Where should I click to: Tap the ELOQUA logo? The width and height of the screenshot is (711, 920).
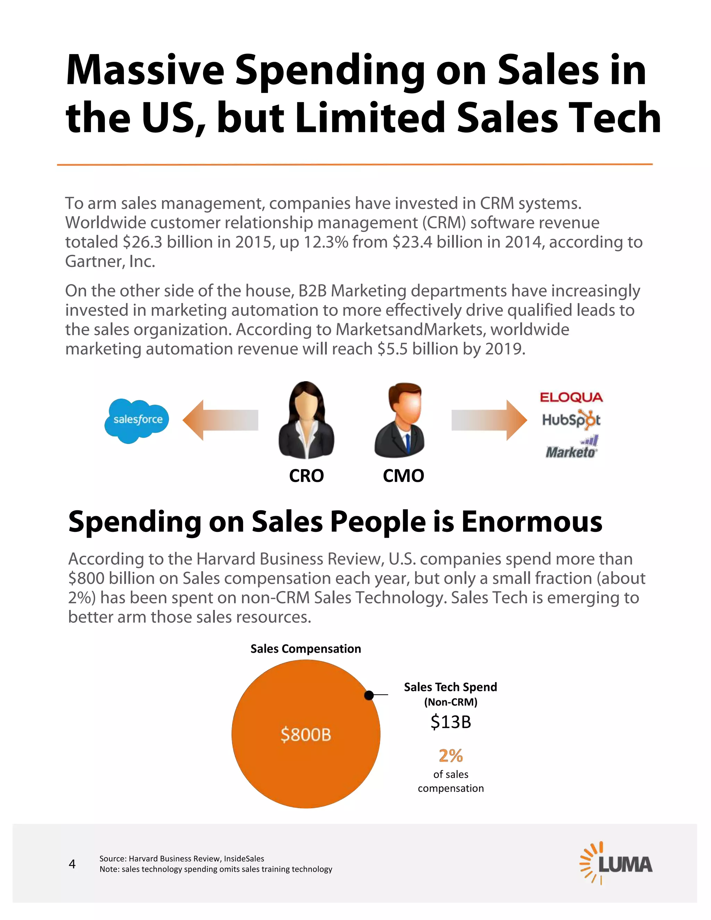tap(571, 397)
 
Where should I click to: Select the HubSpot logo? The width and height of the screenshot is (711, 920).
tap(571, 420)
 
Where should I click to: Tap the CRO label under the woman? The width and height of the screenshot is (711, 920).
tap(306, 476)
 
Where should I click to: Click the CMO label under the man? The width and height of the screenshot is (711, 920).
tap(403, 476)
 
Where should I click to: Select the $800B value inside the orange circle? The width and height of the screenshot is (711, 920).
tap(306, 735)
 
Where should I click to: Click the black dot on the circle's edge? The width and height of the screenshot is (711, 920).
tap(369, 695)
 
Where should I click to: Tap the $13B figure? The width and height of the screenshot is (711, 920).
tap(451, 722)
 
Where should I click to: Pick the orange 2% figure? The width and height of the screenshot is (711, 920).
tap(451, 756)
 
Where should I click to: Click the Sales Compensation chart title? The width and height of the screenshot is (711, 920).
tap(306, 649)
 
